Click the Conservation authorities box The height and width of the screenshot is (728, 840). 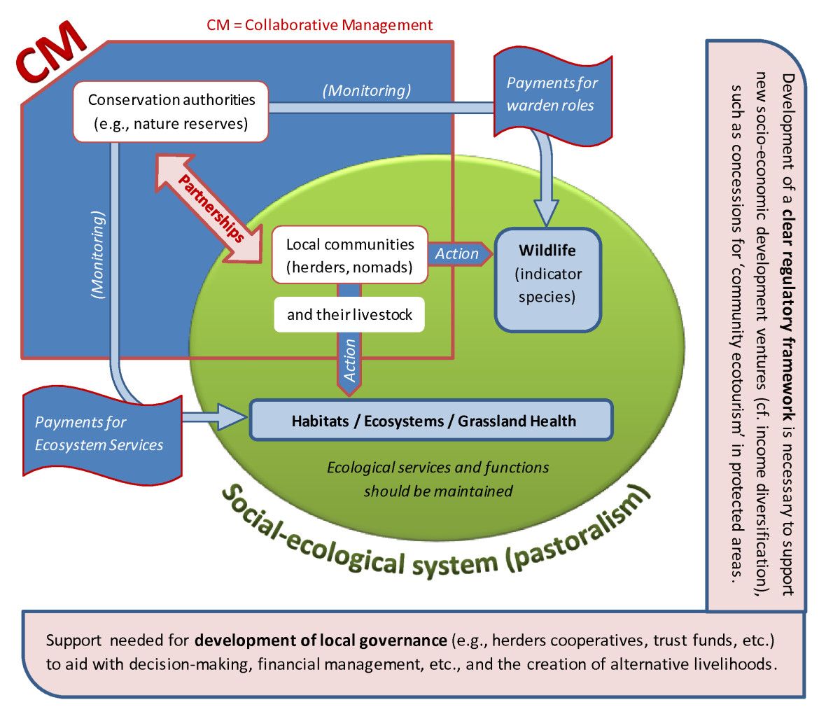point(171,112)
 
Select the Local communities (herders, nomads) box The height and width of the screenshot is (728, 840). point(349,255)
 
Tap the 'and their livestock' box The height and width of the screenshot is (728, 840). point(349,314)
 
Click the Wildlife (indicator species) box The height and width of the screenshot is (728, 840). point(547,279)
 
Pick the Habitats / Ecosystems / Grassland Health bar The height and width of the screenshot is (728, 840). point(431,421)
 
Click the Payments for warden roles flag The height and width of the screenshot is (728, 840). point(552,94)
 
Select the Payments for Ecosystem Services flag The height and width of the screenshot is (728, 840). point(99,433)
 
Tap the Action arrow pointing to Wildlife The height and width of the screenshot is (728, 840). point(459,254)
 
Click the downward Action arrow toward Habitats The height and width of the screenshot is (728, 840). point(349,360)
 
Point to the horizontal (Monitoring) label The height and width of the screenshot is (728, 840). point(367,90)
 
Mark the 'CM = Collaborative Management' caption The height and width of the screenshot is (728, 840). point(320,25)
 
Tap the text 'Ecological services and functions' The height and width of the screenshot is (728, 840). point(437,468)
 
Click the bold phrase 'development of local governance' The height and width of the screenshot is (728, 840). point(321,640)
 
